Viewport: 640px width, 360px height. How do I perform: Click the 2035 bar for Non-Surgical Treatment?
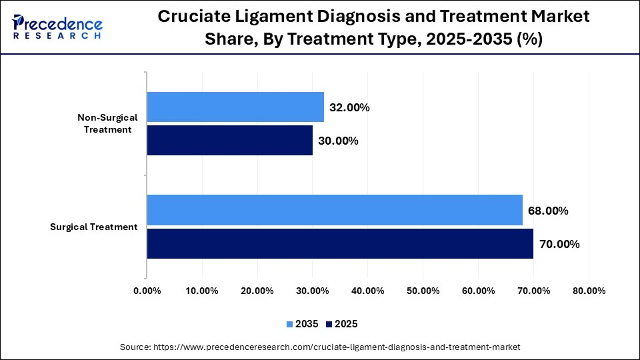[235, 107]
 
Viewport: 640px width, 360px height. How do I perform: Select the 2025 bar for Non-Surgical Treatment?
[229, 140]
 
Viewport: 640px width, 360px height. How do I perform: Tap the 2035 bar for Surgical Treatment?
[335, 211]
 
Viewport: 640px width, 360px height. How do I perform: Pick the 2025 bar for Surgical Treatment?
[340, 243]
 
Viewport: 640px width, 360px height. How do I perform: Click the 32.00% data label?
[349, 107]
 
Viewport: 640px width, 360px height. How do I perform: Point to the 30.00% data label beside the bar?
[338, 141]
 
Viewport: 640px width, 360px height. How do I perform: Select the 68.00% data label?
[548, 211]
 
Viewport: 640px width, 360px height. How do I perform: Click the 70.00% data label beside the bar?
[559, 244]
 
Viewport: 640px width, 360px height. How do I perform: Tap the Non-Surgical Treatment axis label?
[107, 123]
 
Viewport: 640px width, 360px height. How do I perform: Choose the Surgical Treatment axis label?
[94, 227]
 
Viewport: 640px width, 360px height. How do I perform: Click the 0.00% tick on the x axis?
[147, 291]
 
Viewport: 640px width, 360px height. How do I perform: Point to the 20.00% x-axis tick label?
[257, 291]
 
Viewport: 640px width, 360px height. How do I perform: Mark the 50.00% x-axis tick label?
[423, 291]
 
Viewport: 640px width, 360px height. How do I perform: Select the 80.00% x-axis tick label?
[589, 291]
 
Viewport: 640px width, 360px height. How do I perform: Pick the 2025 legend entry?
[342, 324]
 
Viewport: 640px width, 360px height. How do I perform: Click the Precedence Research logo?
[57, 27]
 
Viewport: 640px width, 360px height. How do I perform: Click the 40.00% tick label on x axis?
[367, 291]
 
